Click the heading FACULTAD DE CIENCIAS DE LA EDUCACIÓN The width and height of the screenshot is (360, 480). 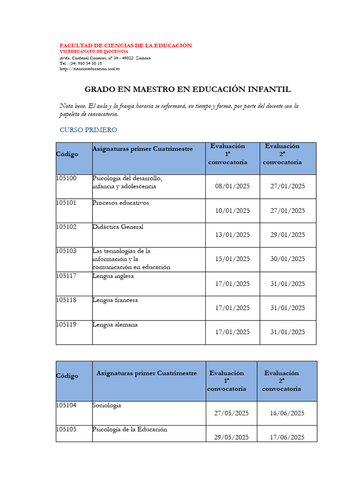click(x=126, y=45)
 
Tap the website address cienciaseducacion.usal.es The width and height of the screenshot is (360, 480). click(x=90, y=68)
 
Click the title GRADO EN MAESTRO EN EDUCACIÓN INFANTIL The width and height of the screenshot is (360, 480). click(x=187, y=89)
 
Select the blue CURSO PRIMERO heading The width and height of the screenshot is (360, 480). click(x=88, y=130)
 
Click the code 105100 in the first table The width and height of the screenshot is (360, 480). click(x=66, y=179)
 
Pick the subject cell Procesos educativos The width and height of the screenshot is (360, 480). click(x=120, y=203)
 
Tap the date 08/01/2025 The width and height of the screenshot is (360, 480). click(x=232, y=186)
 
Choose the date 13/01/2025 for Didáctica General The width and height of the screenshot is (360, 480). click(x=232, y=235)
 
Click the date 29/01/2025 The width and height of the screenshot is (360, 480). click(x=287, y=235)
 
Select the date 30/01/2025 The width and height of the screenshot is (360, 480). click(x=287, y=259)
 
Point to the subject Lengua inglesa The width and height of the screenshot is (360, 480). click(x=113, y=276)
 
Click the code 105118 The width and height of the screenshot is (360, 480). click(x=66, y=300)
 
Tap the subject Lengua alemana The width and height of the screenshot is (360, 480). click(x=115, y=324)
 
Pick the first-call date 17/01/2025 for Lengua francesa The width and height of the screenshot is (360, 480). click(x=232, y=308)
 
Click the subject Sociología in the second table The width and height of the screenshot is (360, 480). click(x=106, y=405)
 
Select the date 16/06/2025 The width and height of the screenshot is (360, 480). click(x=287, y=413)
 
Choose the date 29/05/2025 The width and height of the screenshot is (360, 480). click(x=232, y=437)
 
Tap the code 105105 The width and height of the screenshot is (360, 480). click(x=66, y=429)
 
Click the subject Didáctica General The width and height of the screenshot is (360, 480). click(x=118, y=227)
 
